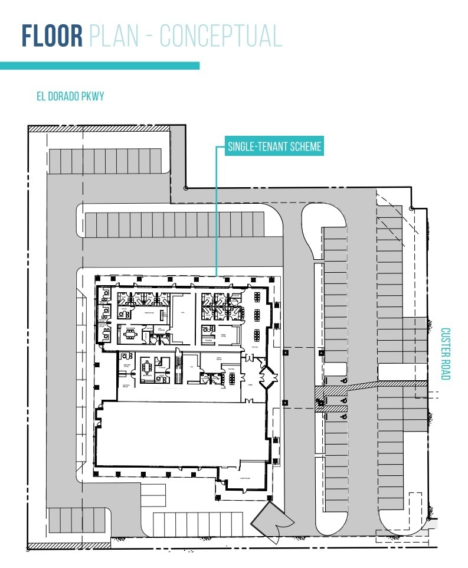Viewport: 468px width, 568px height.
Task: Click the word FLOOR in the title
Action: click(x=52, y=36)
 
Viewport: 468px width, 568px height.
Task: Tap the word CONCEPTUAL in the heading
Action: click(x=221, y=36)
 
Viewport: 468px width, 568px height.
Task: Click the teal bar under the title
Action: click(x=100, y=66)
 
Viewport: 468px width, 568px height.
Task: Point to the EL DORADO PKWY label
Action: click(x=70, y=96)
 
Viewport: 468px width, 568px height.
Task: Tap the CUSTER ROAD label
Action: click(x=446, y=354)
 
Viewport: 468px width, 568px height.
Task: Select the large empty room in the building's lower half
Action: click(x=177, y=434)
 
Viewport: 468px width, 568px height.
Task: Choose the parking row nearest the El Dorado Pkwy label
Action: click(x=105, y=161)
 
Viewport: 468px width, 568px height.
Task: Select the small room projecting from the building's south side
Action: click(x=243, y=479)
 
